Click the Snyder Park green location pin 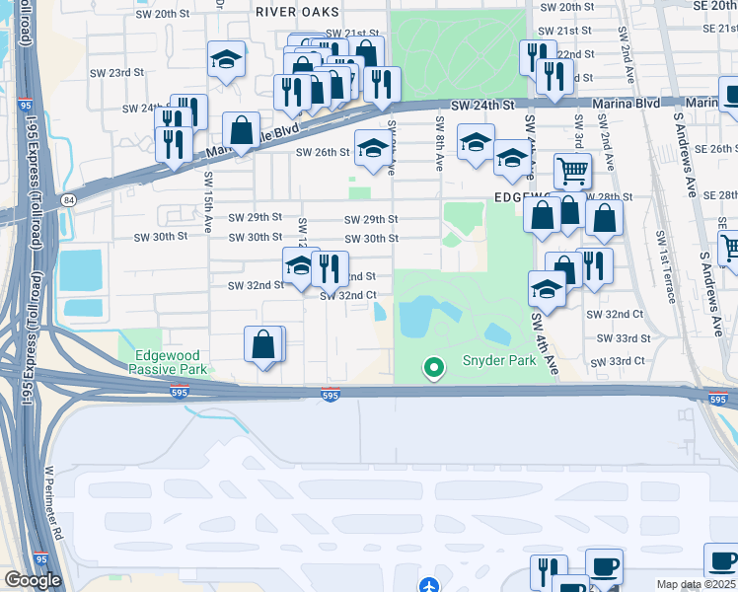coord(432,368)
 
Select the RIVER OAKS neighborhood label coord(297,12)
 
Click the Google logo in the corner coord(33,580)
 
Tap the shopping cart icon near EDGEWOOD coord(572,170)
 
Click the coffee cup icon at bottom coord(604,566)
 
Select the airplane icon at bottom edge coord(428,585)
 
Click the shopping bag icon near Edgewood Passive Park coord(263,345)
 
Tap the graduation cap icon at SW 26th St coord(372,148)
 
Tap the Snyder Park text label coord(499,361)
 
